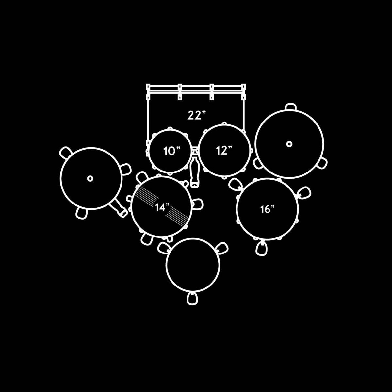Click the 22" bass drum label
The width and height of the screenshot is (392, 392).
pyautogui.click(x=197, y=115)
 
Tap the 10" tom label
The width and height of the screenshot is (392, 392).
pyautogui.click(x=171, y=151)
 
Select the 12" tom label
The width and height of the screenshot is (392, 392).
pyautogui.click(x=224, y=151)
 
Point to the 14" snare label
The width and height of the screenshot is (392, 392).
pyautogui.click(x=162, y=207)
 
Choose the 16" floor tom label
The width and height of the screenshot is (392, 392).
pyautogui.click(x=268, y=209)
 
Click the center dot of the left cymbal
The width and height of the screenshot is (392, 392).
pyautogui.click(x=90, y=179)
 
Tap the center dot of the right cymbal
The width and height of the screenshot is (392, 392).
pyautogui.click(x=289, y=144)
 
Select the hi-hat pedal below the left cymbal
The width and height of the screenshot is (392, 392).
pyautogui.click(x=119, y=208)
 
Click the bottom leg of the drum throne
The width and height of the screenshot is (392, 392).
pyautogui.click(x=192, y=299)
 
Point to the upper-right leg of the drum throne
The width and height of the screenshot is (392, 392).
pyautogui.click(x=222, y=248)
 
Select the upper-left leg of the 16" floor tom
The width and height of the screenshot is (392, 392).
pyautogui.click(x=235, y=184)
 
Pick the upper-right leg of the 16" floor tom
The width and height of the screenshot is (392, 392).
pyautogui.click(x=304, y=192)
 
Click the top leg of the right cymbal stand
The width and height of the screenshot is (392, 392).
pyautogui.click(x=290, y=107)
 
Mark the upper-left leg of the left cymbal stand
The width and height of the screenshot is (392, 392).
pyautogui.click(x=66, y=152)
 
